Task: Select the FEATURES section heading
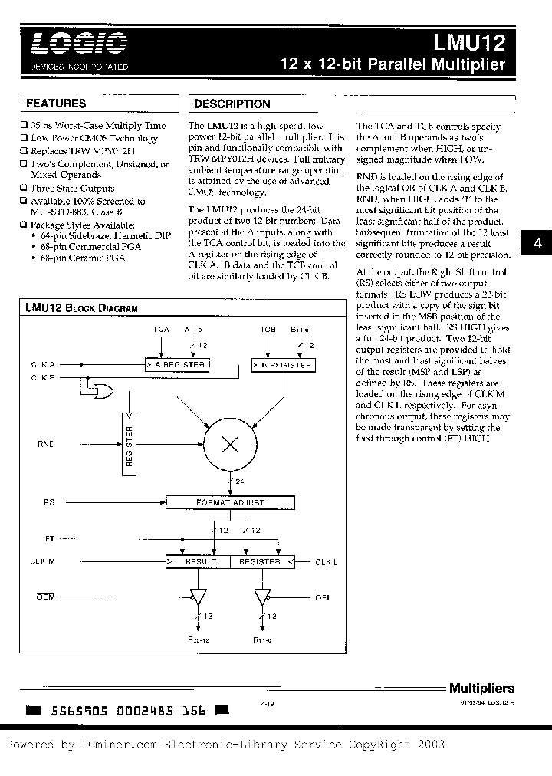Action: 56,103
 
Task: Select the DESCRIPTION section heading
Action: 232,104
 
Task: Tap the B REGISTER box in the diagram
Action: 283,365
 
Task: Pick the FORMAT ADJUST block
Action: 229,502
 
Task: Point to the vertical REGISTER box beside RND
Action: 129,445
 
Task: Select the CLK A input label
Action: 43,365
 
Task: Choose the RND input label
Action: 46,443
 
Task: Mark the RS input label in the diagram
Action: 49,502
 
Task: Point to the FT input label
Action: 50,539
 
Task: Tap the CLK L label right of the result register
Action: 327,562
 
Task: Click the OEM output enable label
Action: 45,597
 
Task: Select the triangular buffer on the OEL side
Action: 262,597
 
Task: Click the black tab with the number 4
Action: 537,243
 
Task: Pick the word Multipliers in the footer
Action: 481,689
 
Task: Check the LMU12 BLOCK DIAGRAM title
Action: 81,308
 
